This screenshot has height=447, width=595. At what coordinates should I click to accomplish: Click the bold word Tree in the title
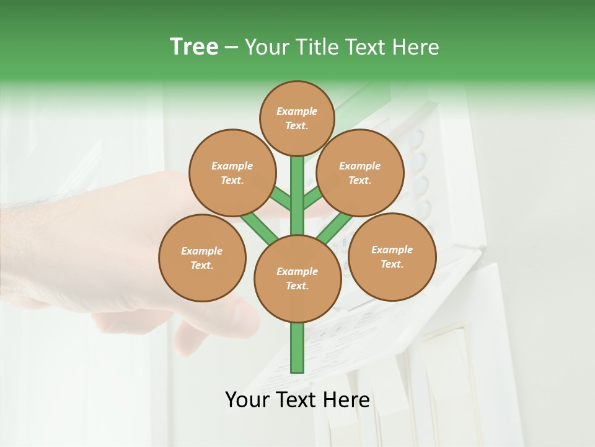coord(194,47)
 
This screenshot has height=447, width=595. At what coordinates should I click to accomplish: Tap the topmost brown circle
coord(297,118)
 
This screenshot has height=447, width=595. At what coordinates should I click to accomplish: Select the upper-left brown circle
coord(232,173)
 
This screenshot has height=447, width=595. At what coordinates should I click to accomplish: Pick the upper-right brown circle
coord(360,173)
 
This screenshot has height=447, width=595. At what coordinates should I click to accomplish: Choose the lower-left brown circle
coord(202,258)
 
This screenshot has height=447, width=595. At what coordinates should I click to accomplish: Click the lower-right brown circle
coord(392,256)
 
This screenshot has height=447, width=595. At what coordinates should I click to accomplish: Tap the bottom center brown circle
coord(297,278)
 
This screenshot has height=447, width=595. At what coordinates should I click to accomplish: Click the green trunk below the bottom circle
coord(297,348)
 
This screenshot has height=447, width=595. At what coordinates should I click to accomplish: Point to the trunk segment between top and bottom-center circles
coord(297,196)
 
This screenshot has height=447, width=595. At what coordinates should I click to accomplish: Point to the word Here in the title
coord(416,47)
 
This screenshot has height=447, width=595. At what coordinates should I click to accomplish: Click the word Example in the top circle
coord(297,111)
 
